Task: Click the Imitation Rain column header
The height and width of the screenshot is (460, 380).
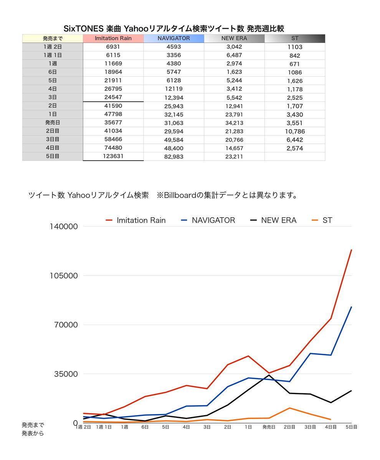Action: [x=113, y=38]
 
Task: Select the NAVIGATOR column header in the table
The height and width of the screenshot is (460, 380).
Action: [x=173, y=38]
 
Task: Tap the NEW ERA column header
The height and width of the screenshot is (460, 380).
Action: [x=234, y=38]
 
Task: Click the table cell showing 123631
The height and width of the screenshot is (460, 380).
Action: [x=113, y=156]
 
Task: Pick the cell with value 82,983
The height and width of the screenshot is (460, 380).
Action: [x=173, y=156]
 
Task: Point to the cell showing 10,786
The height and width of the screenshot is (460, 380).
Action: [x=294, y=131]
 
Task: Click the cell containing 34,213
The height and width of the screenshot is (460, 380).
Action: [x=234, y=123]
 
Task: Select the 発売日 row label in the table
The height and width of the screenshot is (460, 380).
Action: [x=53, y=123]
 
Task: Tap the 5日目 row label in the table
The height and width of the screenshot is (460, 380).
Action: [x=53, y=156]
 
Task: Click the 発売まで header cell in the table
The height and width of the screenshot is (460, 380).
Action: [x=53, y=38]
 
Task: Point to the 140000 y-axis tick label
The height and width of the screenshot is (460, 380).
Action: [x=64, y=226]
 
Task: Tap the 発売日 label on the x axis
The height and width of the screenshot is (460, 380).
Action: [x=269, y=427]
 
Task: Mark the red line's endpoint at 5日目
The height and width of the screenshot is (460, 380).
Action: [x=351, y=250]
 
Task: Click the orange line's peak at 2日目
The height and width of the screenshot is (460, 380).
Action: [x=289, y=408]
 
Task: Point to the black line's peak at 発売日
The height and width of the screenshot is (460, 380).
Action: [x=269, y=375]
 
